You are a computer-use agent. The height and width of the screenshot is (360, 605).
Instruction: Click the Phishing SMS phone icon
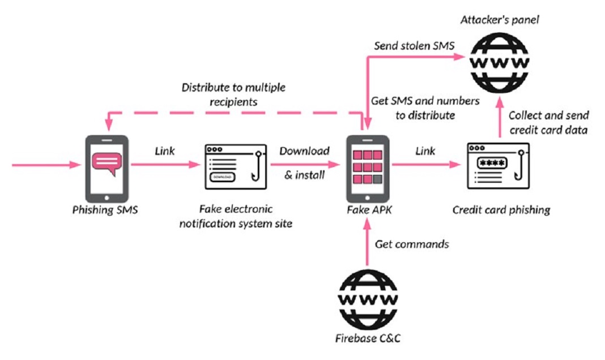point(106,169)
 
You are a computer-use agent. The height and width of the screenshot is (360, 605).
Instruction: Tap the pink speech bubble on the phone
point(107,162)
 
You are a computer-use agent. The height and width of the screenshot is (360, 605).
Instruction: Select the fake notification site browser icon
point(236,167)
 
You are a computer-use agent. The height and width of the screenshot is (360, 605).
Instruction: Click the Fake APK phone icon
point(368,169)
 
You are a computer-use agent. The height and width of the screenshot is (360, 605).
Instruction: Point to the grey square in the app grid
point(377,179)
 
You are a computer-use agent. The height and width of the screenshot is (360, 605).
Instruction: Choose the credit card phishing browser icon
point(498,166)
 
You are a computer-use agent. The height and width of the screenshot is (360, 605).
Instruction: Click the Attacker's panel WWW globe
point(500,62)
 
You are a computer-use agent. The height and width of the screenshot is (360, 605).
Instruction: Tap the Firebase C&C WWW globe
point(368,299)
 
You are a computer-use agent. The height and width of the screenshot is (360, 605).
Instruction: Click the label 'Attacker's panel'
point(500,20)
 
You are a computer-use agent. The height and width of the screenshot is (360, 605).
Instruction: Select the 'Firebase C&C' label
point(368,338)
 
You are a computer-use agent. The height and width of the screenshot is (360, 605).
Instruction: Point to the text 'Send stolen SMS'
point(415,46)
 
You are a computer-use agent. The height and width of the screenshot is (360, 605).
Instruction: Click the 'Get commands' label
point(412,244)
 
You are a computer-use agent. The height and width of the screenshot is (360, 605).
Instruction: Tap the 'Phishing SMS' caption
point(105,210)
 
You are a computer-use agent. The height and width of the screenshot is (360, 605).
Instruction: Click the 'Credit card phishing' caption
point(501,210)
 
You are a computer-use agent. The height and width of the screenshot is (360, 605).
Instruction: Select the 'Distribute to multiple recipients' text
point(233,95)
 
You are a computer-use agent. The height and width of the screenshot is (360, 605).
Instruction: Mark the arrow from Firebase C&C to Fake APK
point(368,242)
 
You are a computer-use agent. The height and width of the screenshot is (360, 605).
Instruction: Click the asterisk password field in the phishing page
point(492,163)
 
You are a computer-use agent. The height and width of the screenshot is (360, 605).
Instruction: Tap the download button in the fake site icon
point(222,177)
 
